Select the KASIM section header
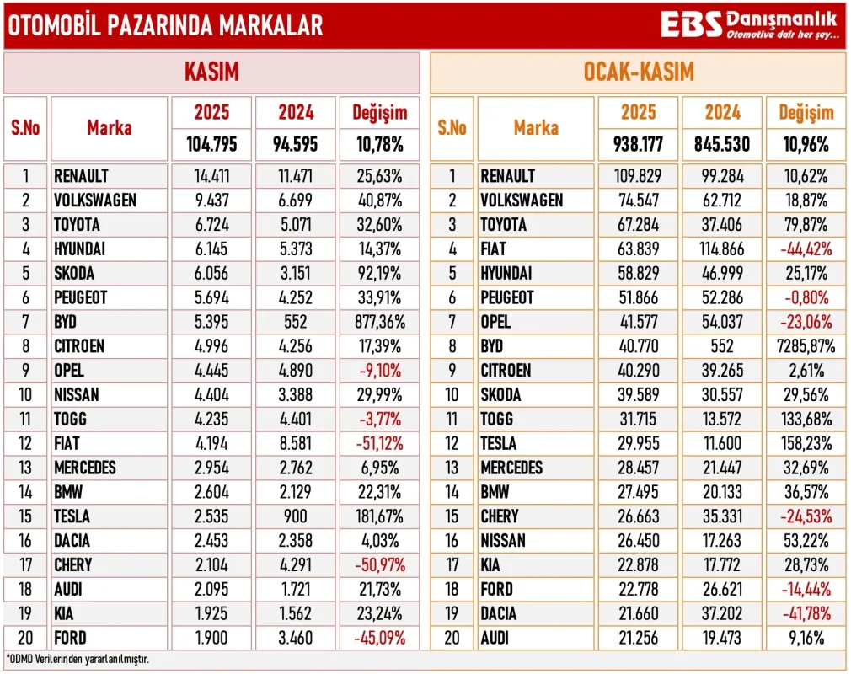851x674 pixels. [211, 72]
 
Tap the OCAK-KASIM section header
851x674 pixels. [638, 72]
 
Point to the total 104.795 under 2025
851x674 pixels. [211, 144]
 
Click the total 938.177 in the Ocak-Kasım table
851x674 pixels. [638, 144]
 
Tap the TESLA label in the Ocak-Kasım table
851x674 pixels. [499, 443]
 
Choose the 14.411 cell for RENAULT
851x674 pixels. [211, 176]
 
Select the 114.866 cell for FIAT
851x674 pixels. [722, 249]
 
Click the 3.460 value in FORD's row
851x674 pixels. [295, 638]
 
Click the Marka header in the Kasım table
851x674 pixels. [110, 128]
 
